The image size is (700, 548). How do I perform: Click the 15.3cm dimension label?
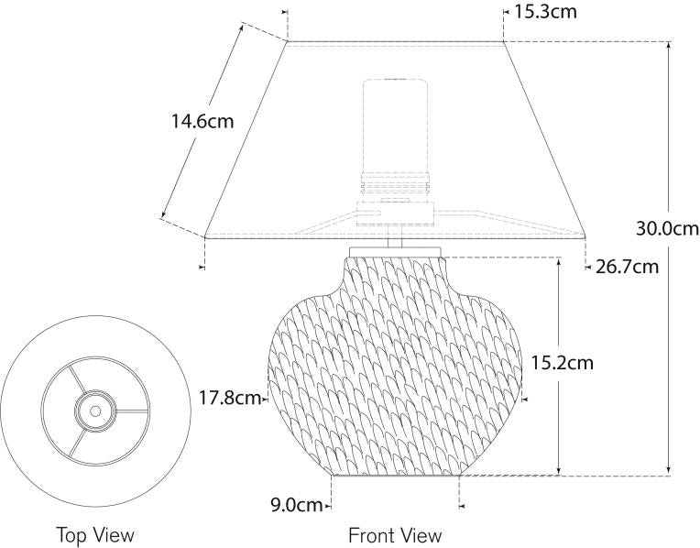pos(545,12)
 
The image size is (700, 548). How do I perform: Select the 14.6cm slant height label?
pos(202,120)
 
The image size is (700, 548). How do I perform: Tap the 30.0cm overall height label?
pos(667,228)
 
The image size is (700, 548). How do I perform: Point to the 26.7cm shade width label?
pos(627,267)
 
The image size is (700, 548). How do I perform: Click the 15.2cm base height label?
pos(562,362)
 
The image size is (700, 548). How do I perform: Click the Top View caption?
pos(94,534)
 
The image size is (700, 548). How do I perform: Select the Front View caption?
pos(395,534)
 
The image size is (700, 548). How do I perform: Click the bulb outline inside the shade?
pos(396,124)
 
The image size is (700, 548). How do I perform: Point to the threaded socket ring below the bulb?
pos(396,182)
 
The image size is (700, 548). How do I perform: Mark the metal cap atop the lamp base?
pos(396,250)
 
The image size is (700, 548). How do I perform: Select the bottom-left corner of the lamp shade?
pos(203,236)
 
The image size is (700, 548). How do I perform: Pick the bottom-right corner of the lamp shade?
pos(586,236)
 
